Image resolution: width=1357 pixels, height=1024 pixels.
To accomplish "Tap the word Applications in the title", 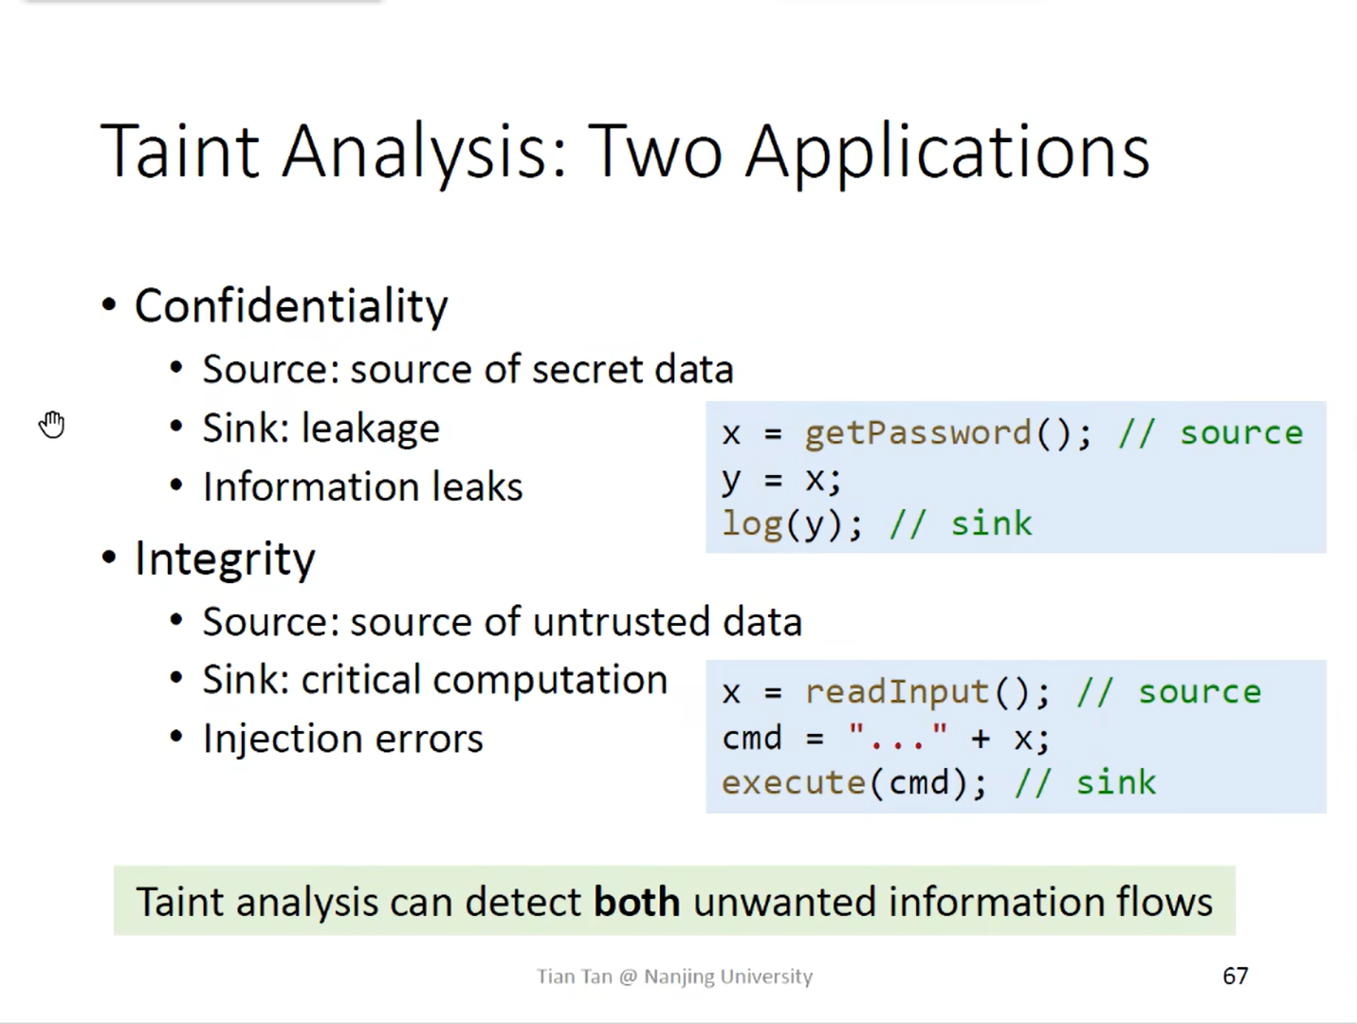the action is click(x=947, y=153).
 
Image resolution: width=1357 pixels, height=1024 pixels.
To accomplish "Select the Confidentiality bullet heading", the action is click(x=290, y=306).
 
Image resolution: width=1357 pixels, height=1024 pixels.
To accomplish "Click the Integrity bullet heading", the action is click(x=225, y=558).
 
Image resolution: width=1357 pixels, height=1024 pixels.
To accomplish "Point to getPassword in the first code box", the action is click(x=917, y=433).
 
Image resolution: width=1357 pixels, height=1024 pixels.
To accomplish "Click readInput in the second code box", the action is click(x=896, y=692).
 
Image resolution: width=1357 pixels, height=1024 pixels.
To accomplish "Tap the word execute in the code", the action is click(x=793, y=783).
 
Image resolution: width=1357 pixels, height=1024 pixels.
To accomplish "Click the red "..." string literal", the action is click(x=897, y=737).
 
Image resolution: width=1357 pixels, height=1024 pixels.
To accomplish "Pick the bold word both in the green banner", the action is click(x=636, y=902).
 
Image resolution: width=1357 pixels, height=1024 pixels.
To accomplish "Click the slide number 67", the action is click(x=1235, y=976).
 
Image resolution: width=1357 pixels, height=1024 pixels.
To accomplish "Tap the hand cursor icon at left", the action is click(x=52, y=425).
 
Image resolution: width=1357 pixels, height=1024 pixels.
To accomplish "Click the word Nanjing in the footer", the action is click(x=679, y=977).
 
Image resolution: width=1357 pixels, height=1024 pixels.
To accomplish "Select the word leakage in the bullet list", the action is click(x=370, y=429).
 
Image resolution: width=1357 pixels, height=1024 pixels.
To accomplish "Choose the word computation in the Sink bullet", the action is click(x=550, y=680).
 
